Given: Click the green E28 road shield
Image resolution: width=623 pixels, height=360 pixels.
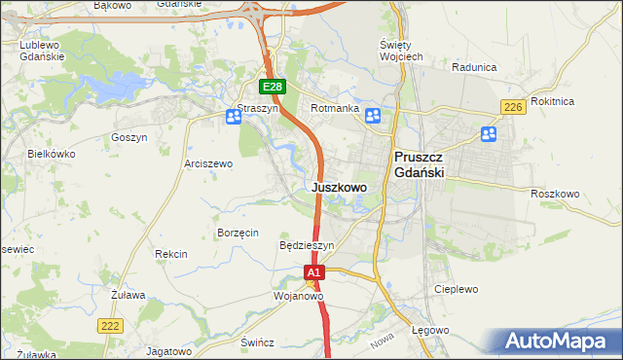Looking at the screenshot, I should pos(273,87).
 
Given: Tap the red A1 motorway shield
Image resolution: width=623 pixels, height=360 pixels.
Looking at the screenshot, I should pos(313,274).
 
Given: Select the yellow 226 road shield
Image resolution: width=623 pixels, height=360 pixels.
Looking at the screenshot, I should pos(513,106).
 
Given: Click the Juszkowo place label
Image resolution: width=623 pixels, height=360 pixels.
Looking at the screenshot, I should pos(339,186).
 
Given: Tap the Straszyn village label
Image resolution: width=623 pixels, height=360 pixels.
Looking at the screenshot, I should pos(258,109).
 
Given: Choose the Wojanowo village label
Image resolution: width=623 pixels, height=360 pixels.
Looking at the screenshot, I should pos(298,296).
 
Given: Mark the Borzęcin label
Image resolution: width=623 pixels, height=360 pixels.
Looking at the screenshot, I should pos(238,233).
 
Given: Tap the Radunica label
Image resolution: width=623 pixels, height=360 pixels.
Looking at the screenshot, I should pos(475,67).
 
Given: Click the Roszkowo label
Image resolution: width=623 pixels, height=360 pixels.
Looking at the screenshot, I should pos(555,194).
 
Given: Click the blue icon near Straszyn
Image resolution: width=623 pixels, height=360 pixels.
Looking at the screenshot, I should pos(234,118).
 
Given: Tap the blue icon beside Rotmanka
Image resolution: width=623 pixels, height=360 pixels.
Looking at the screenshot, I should pos(373,117).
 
